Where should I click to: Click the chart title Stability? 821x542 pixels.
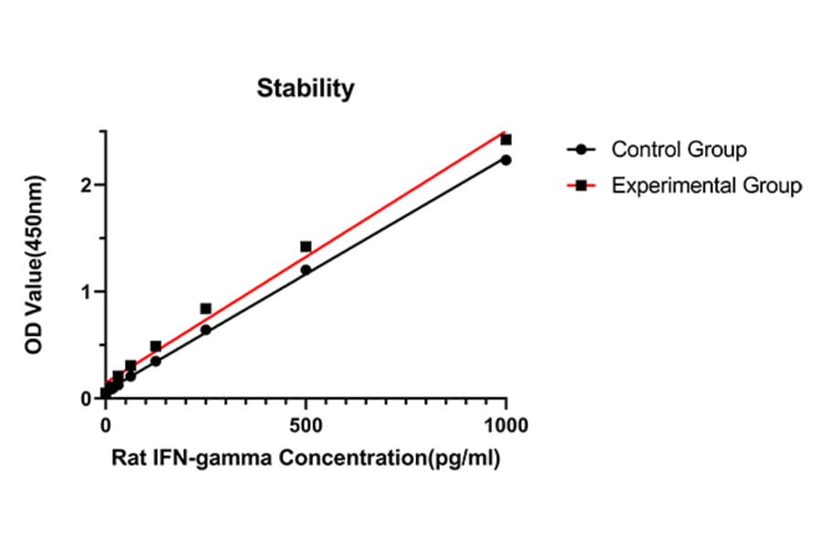pyautogui.click(x=305, y=89)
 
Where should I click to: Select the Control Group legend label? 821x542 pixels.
pyautogui.click(x=679, y=149)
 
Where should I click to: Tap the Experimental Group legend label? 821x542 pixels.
pyautogui.click(x=707, y=185)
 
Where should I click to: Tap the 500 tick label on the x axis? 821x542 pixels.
pyautogui.click(x=306, y=425)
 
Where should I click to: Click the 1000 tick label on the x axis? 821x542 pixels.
pyautogui.click(x=505, y=425)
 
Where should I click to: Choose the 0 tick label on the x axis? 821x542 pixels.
pyautogui.click(x=105, y=425)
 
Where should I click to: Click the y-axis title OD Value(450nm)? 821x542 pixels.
pyautogui.click(x=35, y=266)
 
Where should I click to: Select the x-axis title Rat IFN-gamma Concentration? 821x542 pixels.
pyautogui.click(x=306, y=458)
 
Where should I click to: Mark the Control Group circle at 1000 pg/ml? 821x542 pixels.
pyautogui.click(x=506, y=160)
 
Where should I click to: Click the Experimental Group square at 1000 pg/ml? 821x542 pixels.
pyautogui.click(x=506, y=140)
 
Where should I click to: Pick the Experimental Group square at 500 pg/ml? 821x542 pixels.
pyautogui.click(x=306, y=246)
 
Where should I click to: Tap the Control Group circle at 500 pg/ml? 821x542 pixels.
pyautogui.click(x=306, y=269)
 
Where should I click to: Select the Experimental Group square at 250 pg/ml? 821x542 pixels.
pyautogui.click(x=205, y=308)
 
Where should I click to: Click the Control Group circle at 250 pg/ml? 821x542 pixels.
pyautogui.click(x=205, y=329)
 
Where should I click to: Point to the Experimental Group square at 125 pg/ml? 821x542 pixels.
pyautogui.click(x=155, y=346)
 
